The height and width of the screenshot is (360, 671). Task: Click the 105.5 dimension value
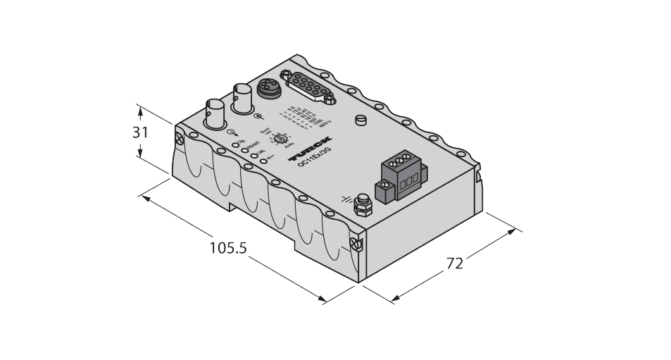coord(228,249)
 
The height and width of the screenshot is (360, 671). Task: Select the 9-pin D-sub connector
coord(311,89)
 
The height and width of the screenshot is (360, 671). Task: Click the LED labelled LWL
coord(256,154)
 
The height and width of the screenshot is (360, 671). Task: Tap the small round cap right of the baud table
coord(361,121)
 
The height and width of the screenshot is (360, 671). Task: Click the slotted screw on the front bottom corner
coord(355,244)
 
